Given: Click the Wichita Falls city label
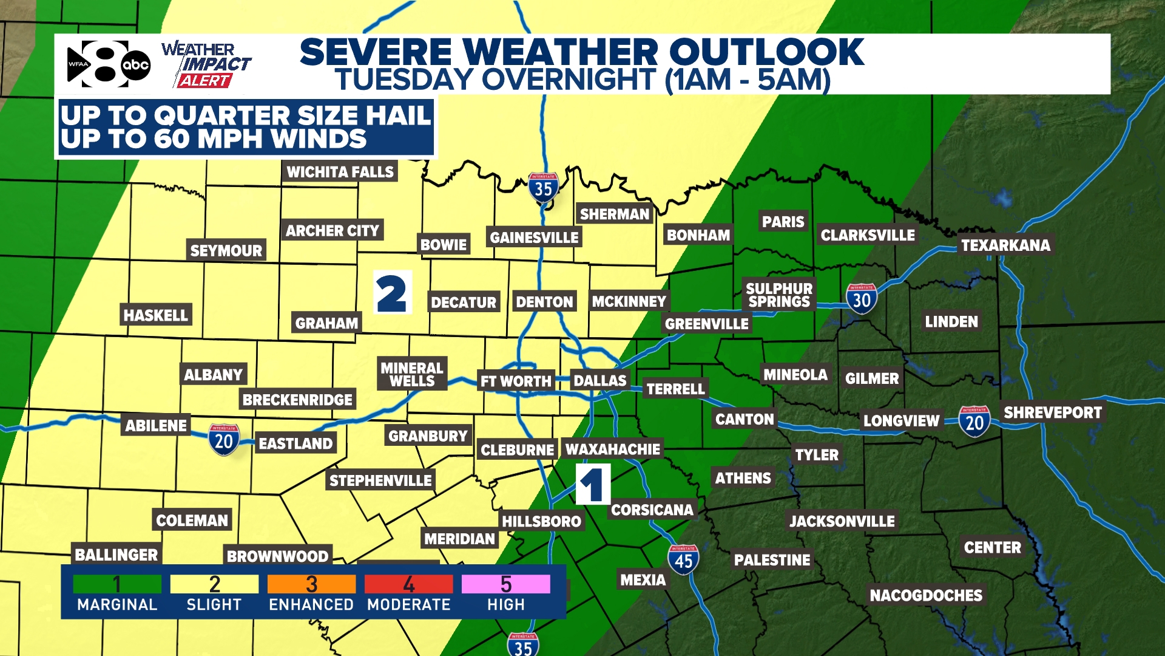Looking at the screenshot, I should pyautogui.click(x=340, y=172).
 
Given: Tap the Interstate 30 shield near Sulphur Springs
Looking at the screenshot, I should pyautogui.click(x=861, y=299).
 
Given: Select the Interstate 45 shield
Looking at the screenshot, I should pyautogui.click(x=683, y=559).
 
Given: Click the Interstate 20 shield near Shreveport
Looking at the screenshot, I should pyautogui.click(x=974, y=422).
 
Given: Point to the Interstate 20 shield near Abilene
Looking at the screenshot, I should pyautogui.click(x=224, y=440).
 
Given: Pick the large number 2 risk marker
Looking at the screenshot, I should pyautogui.click(x=391, y=293).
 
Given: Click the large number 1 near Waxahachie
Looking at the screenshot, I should pyautogui.click(x=592, y=485).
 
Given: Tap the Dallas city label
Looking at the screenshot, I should pyautogui.click(x=599, y=381).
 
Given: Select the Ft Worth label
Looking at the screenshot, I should pyautogui.click(x=516, y=381).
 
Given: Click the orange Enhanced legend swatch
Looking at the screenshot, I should pyautogui.click(x=311, y=584).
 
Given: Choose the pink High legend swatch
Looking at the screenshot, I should pyautogui.click(x=505, y=584).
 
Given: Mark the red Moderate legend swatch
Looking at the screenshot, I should pyautogui.click(x=408, y=584).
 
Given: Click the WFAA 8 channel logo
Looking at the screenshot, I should pyautogui.click(x=97, y=64).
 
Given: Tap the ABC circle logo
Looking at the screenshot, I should pyautogui.click(x=135, y=65).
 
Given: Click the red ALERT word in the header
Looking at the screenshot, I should pyautogui.click(x=204, y=81).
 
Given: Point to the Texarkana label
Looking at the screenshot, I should pyautogui.click(x=1005, y=245).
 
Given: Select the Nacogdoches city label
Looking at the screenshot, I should pyautogui.click(x=925, y=595).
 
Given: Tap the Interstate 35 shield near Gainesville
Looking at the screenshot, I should pyautogui.click(x=543, y=188).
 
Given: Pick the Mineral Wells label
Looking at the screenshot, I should pyautogui.click(x=412, y=374).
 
